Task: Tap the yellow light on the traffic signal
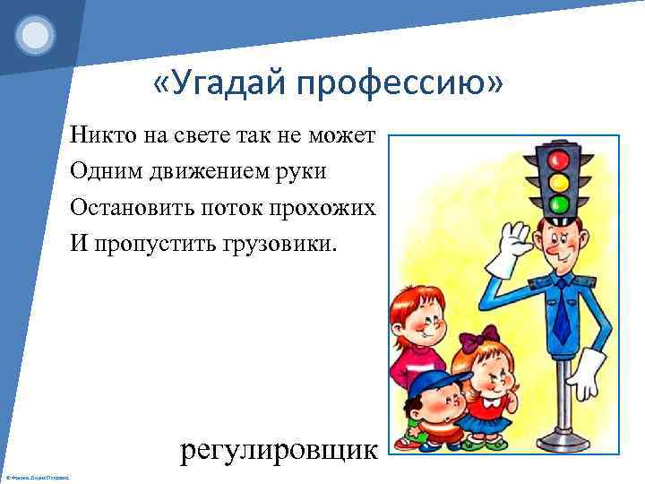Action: click(559, 183)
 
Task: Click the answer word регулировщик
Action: click(279, 449)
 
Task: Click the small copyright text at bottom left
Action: click(39, 472)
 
